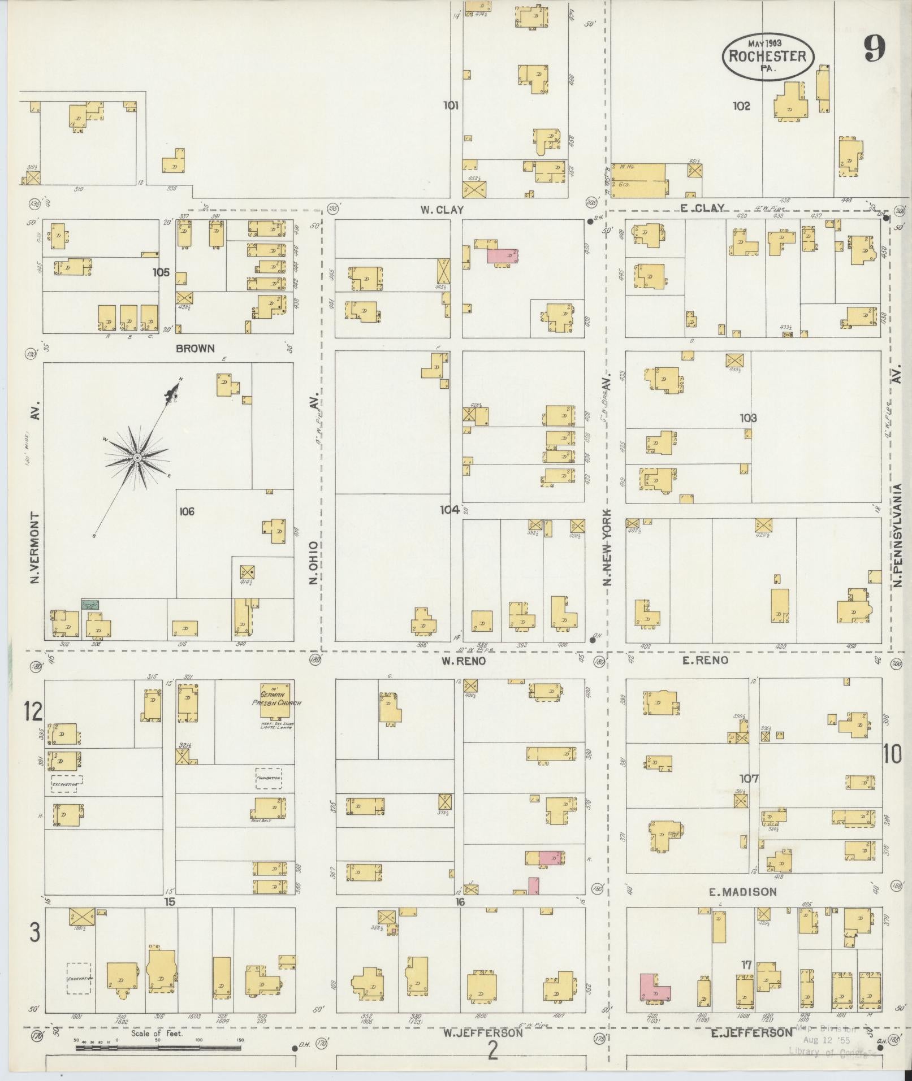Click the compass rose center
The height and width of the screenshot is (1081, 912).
137,456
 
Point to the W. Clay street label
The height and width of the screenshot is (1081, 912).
442,210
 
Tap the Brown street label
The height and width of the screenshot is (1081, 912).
195,348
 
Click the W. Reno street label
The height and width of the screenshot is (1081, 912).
463,661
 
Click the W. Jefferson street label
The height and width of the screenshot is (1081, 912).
482,1033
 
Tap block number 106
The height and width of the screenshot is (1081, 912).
187,511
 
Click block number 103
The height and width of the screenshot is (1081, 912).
747,418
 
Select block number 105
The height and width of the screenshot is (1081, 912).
161,272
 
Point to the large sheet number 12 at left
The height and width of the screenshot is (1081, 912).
33,711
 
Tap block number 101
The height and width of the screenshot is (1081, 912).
450,105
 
